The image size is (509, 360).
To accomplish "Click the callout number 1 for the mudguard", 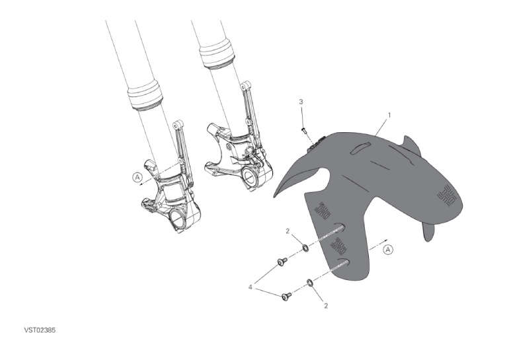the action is [x=389, y=115].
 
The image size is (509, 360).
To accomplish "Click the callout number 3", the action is [x=301, y=102].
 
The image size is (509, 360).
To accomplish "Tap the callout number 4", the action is [x=251, y=287].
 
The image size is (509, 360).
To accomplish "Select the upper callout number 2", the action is [x=288, y=231].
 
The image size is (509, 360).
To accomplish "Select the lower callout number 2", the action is [x=326, y=306].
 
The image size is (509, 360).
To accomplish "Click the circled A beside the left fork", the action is [x=137, y=177].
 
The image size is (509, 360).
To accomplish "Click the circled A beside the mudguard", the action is [x=388, y=250].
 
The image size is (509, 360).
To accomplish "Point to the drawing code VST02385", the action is [x=40, y=330].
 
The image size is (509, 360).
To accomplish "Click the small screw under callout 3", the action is [x=304, y=130].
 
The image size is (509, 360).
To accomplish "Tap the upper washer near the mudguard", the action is [x=305, y=248].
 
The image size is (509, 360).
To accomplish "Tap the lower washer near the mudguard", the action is [x=309, y=282].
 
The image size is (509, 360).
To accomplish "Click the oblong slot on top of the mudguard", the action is [x=360, y=147].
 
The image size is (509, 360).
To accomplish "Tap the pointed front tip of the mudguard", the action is [x=275, y=196].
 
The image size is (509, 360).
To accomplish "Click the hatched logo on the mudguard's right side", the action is [x=447, y=196].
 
